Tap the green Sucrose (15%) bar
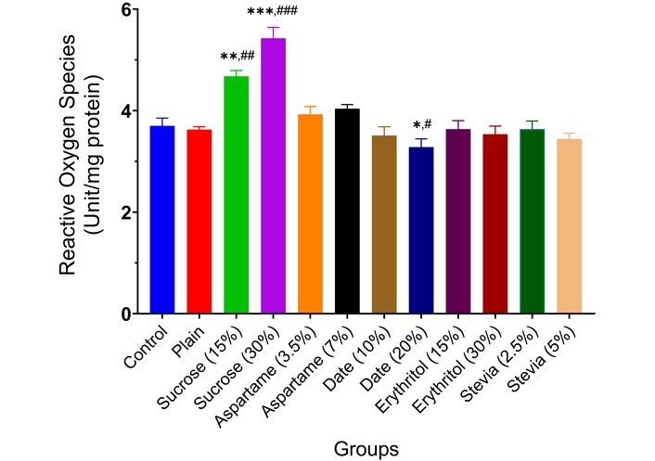tap(237, 196)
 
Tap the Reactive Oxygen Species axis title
tap(79, 162)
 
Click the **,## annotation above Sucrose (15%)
tap(238, 56)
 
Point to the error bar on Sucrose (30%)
tap(274, 32)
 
